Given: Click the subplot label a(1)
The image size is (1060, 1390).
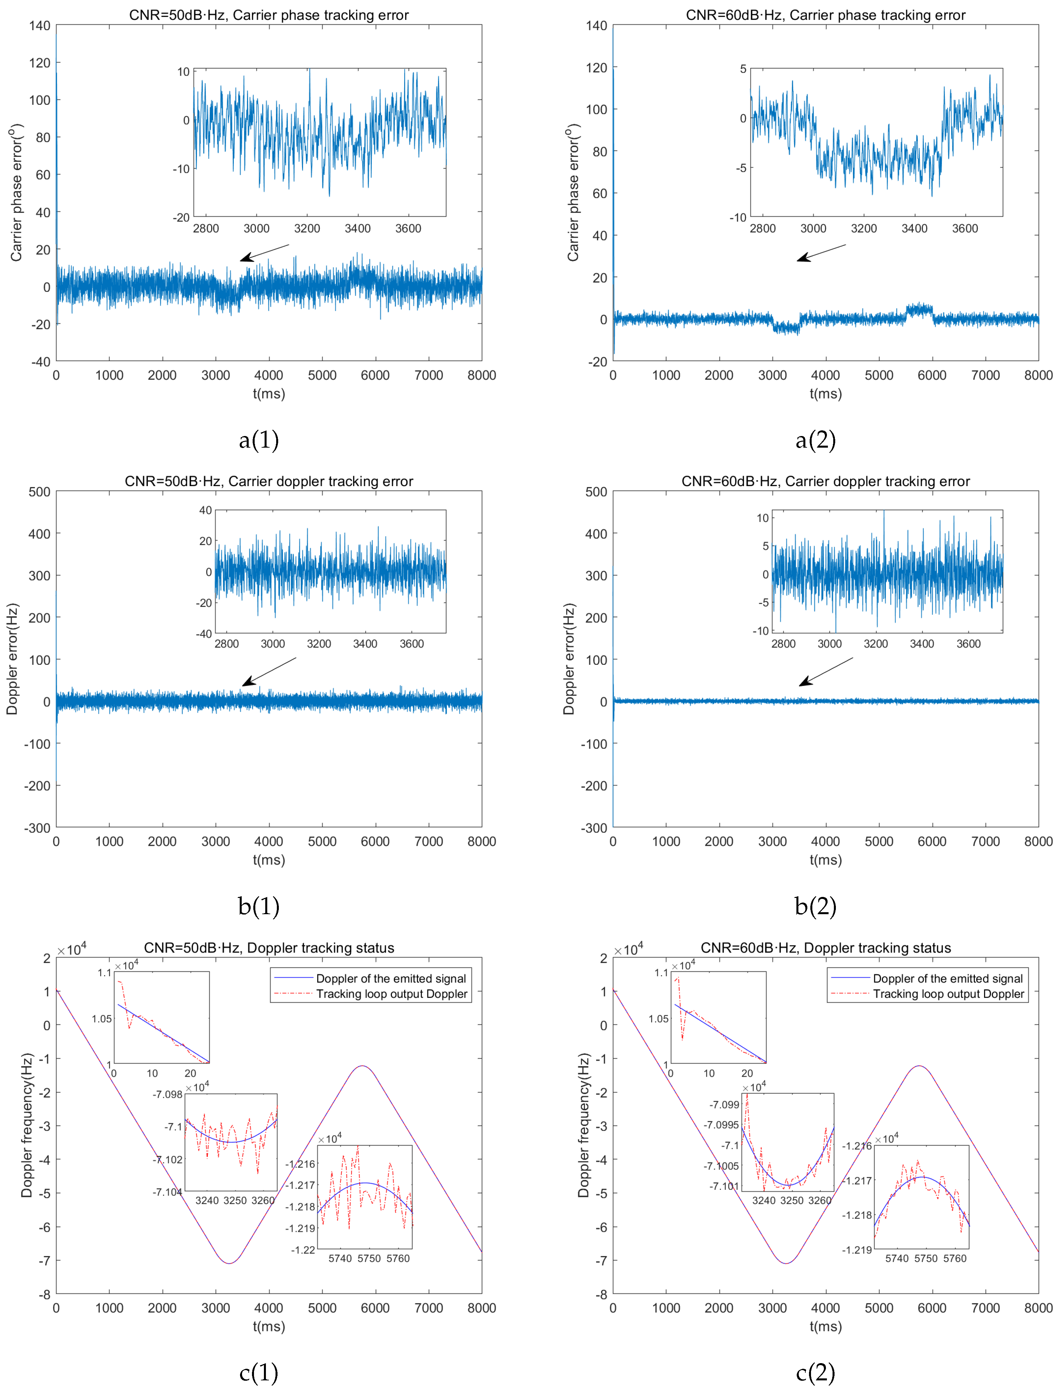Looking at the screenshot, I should [259, 440].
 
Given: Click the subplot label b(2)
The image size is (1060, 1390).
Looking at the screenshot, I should [815, 906].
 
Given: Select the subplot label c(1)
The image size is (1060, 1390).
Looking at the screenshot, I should [259, 1372].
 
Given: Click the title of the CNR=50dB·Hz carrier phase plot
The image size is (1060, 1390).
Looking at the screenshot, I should [269, 15].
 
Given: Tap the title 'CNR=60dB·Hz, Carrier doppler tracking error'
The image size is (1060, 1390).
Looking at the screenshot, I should [825, 481].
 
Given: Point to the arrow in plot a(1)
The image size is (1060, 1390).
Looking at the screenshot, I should [264, 252].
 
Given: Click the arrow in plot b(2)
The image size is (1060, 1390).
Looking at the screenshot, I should [825, 671].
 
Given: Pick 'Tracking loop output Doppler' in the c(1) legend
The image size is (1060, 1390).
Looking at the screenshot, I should [391, 994].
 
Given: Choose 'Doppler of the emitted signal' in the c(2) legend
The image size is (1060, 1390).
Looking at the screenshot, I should [948, 979].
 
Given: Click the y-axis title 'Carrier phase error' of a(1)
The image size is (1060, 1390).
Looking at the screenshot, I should [16, 192].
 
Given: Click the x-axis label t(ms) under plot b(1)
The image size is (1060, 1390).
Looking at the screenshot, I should [269, 859].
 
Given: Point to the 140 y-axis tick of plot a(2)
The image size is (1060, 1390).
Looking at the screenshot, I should [596, 26].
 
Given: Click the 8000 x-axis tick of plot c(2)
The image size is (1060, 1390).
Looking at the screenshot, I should [1038, 1308].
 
